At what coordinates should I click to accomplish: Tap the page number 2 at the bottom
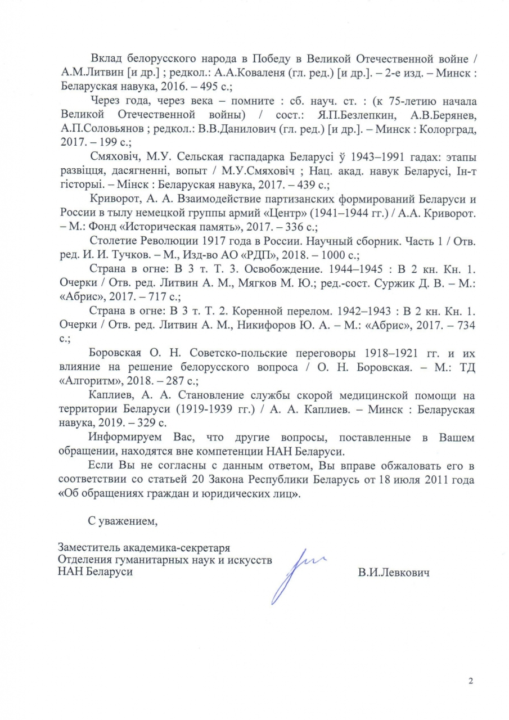470,682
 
